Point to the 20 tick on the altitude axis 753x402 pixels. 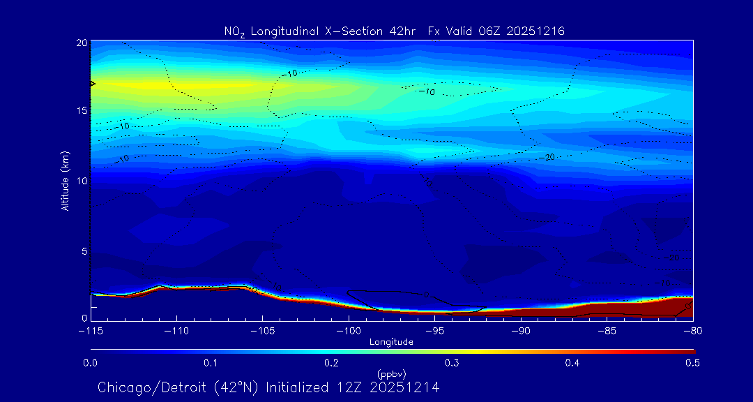[x=81, y=43]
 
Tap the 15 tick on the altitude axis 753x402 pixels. [x=81, y=111]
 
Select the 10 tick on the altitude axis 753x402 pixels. [x=81, y=181]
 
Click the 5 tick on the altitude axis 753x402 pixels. [x=83, y=251]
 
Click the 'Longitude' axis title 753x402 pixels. [x=391, y=341]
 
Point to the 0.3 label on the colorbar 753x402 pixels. [x=452, y=363]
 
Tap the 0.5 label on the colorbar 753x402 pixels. [x=692, y=363]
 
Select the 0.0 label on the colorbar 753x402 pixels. [x=91, y=363]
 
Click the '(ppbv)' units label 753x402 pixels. [x=391, y=373]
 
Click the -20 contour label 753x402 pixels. [x=547, y=158]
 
